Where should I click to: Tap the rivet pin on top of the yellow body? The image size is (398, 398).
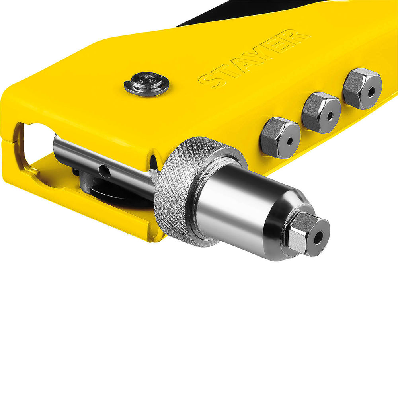(x=146, y=83)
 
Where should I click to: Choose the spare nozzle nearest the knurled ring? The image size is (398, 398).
(x=280, y=138)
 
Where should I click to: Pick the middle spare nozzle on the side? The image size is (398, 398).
(x=321, y=113)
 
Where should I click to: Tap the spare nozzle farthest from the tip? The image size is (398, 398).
(x=362, y=88)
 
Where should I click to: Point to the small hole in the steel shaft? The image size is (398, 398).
(x=104, y=171)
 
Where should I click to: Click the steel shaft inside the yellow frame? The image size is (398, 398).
(x=99, y=159)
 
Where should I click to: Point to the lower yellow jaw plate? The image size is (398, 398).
(x=80, y=207)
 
